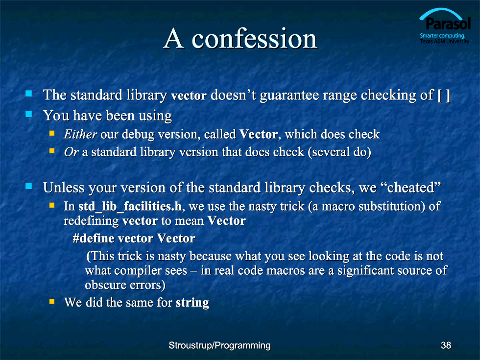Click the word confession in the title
(254, 39)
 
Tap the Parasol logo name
(448, 24)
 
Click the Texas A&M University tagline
(445, 41)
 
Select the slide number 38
(446, 345)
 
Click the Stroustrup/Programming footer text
(219, 346)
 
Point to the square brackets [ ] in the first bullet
(444, 95)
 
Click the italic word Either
(80, 134)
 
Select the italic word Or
(72, 152)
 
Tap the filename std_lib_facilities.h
(130, 207)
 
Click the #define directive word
(94, 239)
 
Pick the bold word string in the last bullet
(192, 303)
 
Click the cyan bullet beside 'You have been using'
(29, 114)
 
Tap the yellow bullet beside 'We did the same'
(52, 302)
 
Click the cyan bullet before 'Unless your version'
(29, 186)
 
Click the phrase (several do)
(339, 152)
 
